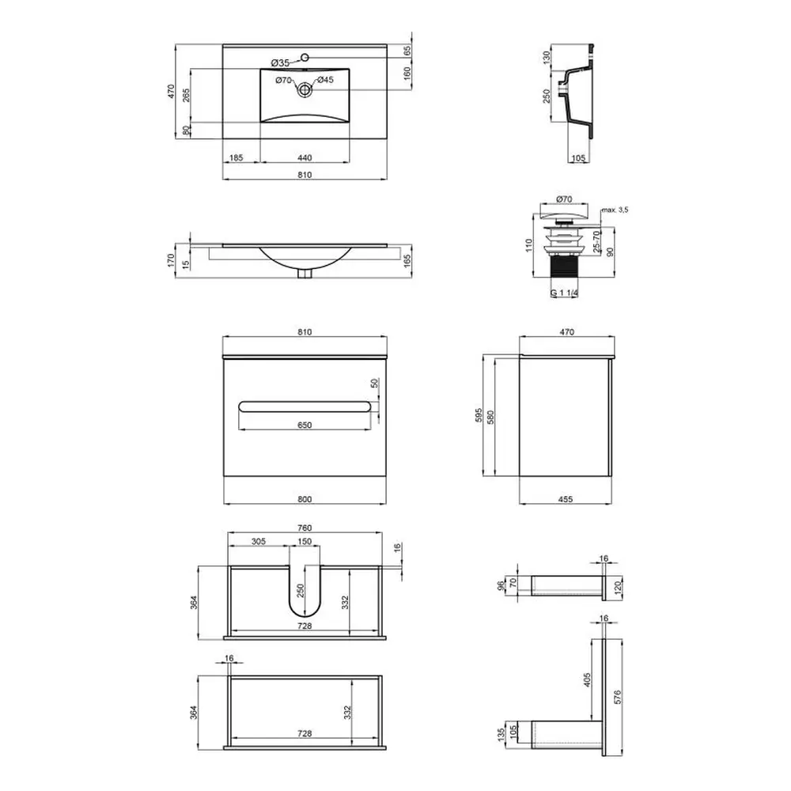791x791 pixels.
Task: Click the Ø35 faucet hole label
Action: click(x=280, y=63)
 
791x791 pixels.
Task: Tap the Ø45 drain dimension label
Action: click(x=325, y=80)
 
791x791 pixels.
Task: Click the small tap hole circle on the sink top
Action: click(x=305, y=57)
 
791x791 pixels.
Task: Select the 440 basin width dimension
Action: click(x=305, y=158)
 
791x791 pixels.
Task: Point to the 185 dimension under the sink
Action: click(x=236, y=158)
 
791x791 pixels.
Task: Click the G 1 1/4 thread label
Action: click(x=565, y=293)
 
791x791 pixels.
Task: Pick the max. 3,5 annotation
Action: click(x=615, y=210)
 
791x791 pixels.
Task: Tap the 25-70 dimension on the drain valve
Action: click(x=596, y=241)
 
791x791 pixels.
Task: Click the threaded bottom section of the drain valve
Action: click(x=564, y=266)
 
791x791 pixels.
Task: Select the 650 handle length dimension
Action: click(x=305, y=426)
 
